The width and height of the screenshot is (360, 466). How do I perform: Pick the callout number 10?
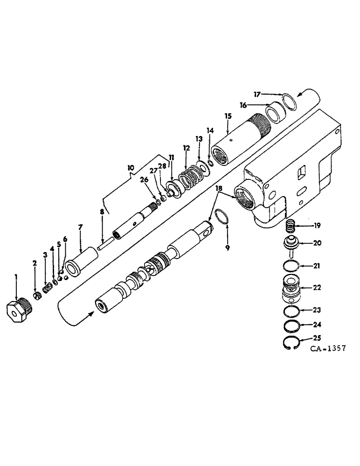131,166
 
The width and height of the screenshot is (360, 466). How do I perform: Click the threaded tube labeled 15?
242,140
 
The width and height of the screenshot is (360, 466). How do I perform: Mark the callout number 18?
219,188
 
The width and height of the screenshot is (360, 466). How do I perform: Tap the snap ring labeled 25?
291,343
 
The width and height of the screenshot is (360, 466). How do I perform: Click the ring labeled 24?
291,324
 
